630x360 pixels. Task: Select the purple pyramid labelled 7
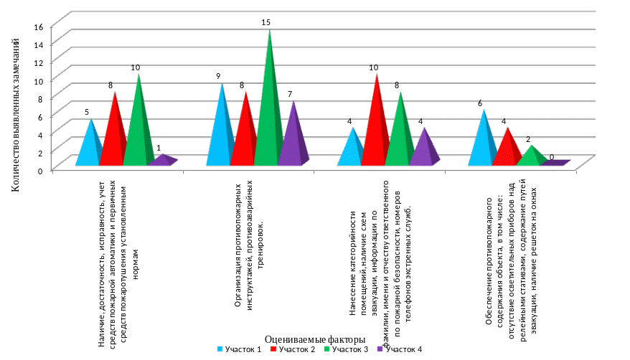292,140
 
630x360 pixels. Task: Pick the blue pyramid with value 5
90,147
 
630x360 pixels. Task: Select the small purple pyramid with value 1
162,161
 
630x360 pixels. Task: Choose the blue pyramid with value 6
484,143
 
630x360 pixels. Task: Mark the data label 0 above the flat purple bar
551,156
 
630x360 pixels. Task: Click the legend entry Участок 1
237,349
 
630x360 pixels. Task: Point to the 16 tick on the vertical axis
39,26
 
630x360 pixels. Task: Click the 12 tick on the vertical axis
39,62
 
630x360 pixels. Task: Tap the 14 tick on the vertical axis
39,44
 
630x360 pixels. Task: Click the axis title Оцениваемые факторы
315,338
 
